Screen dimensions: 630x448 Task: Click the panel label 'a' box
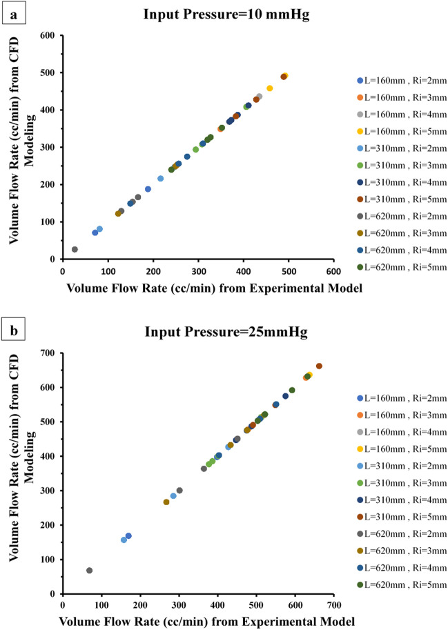pos(10,12)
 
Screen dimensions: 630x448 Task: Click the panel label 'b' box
pos(11,331)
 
